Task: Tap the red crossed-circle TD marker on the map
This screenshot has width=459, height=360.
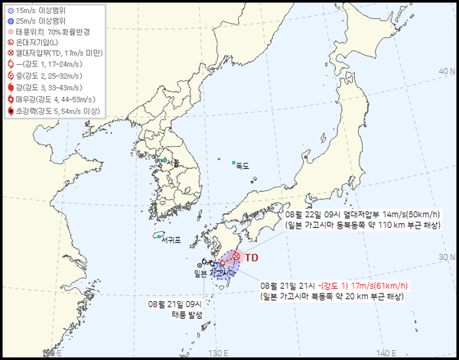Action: [237, 256]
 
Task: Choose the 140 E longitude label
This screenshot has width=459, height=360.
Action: [389, 352]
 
